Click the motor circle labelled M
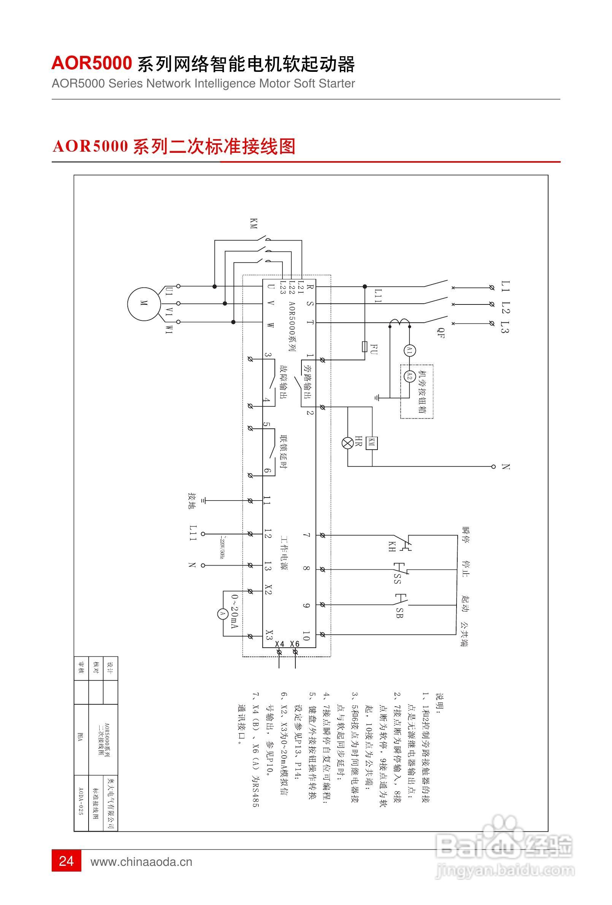(144, 304)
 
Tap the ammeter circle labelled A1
(409, 351)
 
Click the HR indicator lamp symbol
(347, 443)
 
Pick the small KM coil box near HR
(372, 443)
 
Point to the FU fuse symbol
(365, 346)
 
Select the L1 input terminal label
(505, 287)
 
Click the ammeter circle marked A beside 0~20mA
(223, 614)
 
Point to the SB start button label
(399, 613)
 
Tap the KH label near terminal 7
(392, 547)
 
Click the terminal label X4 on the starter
(280, 644)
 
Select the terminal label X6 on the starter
(295, 644)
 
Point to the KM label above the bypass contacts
(254, 223)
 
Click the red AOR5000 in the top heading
(92, 63)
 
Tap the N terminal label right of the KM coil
(506, 466)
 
